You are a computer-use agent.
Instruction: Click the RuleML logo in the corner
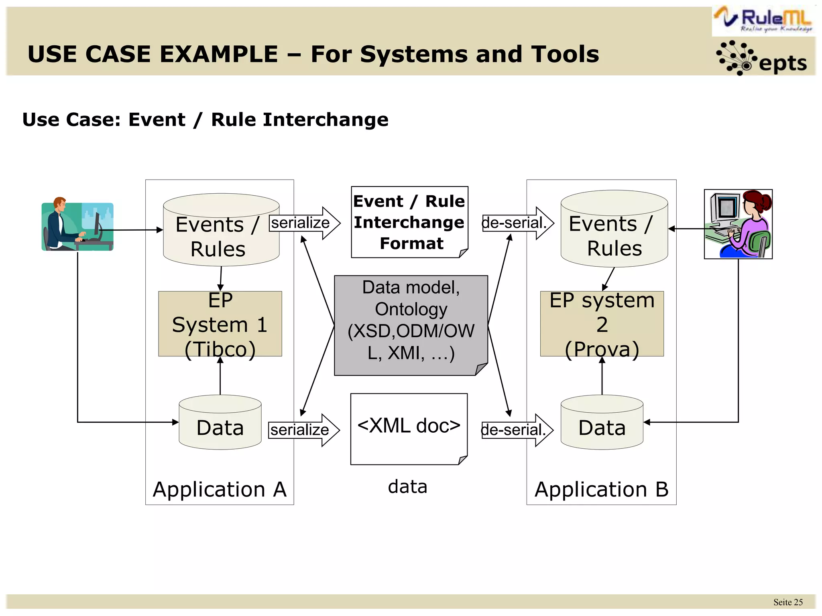(x=763, y=20)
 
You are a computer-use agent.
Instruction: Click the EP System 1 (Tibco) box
(x=220, y=324)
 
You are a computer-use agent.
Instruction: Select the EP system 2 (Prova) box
(x=602, y=324)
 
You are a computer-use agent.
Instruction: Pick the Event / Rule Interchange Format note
(x=409, y=222)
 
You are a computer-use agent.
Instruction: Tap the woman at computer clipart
(x=738, y=224)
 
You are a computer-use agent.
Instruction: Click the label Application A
(x=220, y=490)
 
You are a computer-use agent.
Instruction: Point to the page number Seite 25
(x=787, y=602)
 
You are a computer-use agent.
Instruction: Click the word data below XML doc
(x=407, y=486)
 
